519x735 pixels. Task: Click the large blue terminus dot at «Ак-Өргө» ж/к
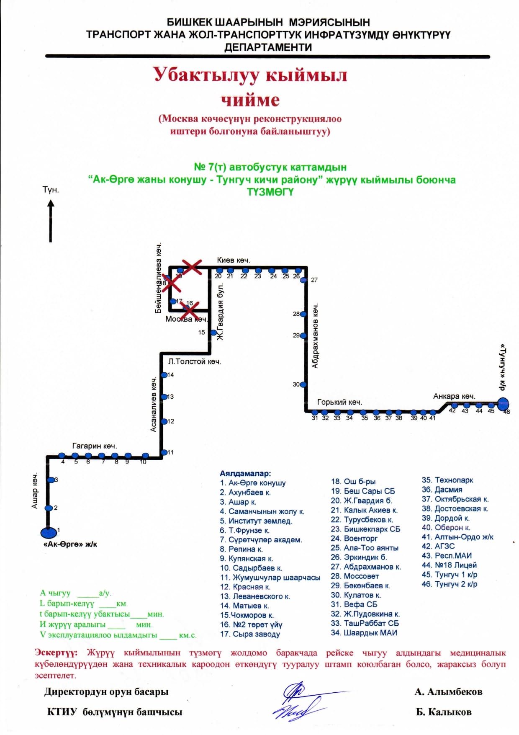pyautogui.click(x=49, y=532)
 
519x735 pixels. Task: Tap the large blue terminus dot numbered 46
pyautogui.click(x=503, y=404)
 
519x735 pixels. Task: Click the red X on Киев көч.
pyautogui.click(x=192, y=267)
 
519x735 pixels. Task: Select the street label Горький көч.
pyautogui.click(x=339, y=402)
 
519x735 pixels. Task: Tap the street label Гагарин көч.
pyautogui.click(x=94, y=446)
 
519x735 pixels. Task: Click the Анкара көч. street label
pyautogui.click(x=454, y=396)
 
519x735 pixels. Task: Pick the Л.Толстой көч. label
pyautogui.click(x=195, y=361)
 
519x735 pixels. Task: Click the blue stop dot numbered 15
pyautogui.click(x=213, y=333)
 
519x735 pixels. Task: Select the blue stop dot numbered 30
pyautogui.click(x=303, y=384)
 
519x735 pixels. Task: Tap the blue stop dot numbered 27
pyautogui.click(x=304, y=280)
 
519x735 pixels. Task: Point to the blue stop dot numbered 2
pyautogui.click(x=49, y=508)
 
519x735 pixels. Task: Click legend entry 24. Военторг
pyautogui.click(x=354, y=538)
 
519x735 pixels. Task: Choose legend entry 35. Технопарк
pyautogui.click(x=447, y=480)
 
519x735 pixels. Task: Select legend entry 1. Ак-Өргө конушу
pyautogui.click(x=253, y=483)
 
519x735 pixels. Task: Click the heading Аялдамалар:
pyautogui.click(x=245, y=473)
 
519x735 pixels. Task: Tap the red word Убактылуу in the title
pyautogui.click(x=206, y=75)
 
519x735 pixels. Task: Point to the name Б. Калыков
pyautogui.click(x=444, y=712)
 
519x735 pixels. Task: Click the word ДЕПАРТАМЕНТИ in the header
pyautogui.click(x=268, y=47)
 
